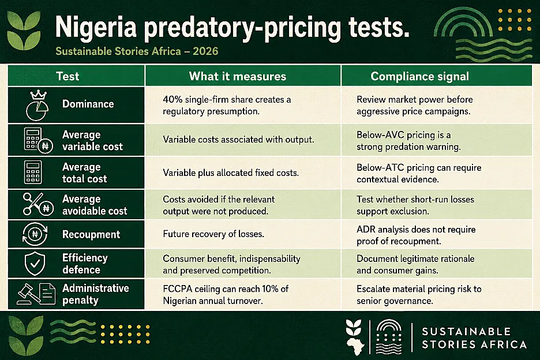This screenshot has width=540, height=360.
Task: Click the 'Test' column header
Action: pos(67,76)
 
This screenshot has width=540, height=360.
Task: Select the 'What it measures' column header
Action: pos(238,76)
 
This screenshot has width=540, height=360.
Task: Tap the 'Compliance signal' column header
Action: pos(420,76)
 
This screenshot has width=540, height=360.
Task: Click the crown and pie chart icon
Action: pos(37,106)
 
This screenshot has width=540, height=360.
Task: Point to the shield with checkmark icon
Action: pos(35,264)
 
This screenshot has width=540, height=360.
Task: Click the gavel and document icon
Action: pos(36,294)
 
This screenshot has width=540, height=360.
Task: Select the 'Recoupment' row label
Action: pos(91,235)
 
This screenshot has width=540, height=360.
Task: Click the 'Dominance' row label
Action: pos(88,104)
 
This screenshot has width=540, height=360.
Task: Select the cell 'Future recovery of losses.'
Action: pos(213,234)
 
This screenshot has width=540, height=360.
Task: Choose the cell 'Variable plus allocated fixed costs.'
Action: pos(231,172)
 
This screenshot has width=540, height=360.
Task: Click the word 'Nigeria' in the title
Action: pos(96,27)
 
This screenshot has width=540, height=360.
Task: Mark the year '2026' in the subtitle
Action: pos(205,51)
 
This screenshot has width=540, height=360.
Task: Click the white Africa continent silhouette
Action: pos(355,346)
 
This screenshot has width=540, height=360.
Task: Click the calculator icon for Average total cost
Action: pos(33,172)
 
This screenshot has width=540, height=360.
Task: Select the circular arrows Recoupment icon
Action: pos(35,234)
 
